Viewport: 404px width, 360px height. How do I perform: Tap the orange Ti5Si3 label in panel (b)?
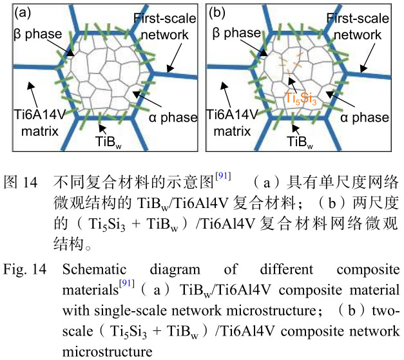tap(300, 99)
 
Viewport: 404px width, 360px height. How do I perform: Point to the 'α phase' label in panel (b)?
tap(366, 117)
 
